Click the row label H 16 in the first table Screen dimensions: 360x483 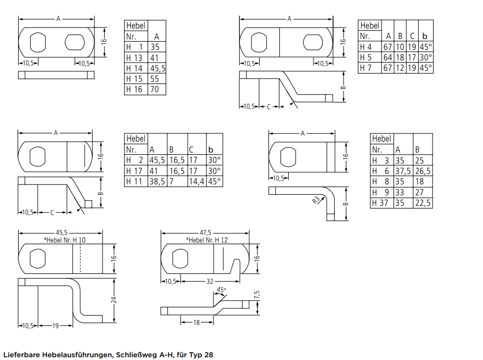click(x=134, y=89)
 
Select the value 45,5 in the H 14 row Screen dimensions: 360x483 click(x=158, y=69)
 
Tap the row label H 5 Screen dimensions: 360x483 click(x=367, y=58)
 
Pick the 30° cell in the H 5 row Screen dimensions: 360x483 click(x=425, y=58)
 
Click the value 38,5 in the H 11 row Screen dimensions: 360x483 click(x=157, y=181)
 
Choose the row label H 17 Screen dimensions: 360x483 click(x=135, y=171)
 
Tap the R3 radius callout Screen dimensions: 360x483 click(x=316, y=200)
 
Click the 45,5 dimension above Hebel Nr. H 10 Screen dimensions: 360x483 click(x=61, y=233)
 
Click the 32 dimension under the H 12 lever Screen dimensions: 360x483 click(x=210, y=282)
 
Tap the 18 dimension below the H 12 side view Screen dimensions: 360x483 click(x=196, y=323)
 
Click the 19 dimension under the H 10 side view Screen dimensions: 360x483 click(x=55, y=325)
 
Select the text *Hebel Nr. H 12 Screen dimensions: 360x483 click(x=207, y=240)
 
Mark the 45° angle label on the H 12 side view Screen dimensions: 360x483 click(x=221, y=289)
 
